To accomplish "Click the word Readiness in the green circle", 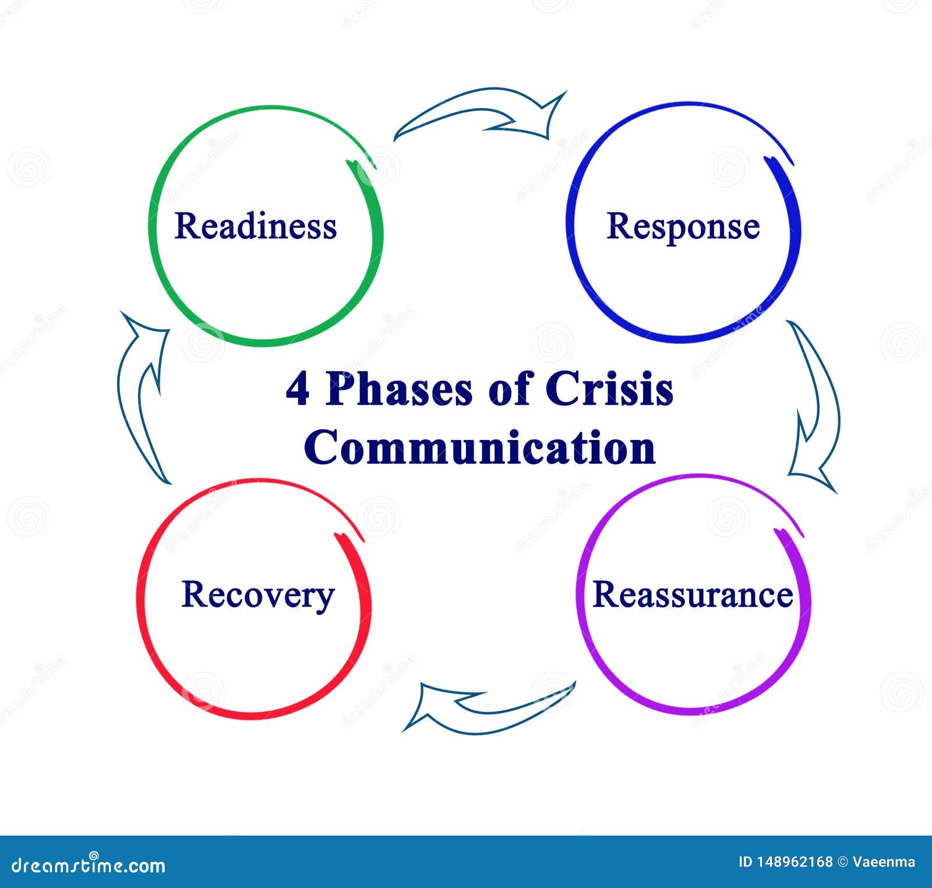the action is [x=256, y=226].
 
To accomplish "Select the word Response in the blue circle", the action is [x=683, y=227].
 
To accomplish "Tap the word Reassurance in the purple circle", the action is [x=693, y=595].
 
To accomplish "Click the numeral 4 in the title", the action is [x=298, y=390].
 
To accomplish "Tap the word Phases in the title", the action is [x=399, y=390].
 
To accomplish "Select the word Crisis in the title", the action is [x=609, y=389].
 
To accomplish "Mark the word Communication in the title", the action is [x=480, y=447].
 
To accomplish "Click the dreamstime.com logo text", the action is [x=89, y=865].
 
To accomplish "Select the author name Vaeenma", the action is [x=884, y=862].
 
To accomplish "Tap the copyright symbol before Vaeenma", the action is [x=842, y=862].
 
